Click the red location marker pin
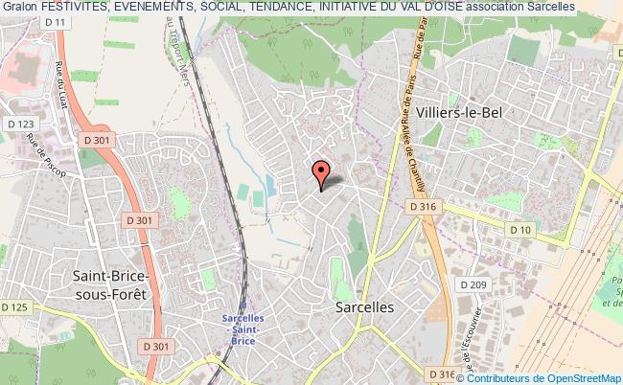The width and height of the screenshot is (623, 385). [322, 172]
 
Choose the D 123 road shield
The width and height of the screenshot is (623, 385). [18, 124]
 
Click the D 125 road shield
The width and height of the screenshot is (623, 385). [13, 307]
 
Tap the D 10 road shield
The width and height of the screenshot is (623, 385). [520, 230]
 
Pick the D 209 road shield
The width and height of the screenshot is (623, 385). [473, 284]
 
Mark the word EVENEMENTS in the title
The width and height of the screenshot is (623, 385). [158, 7]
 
